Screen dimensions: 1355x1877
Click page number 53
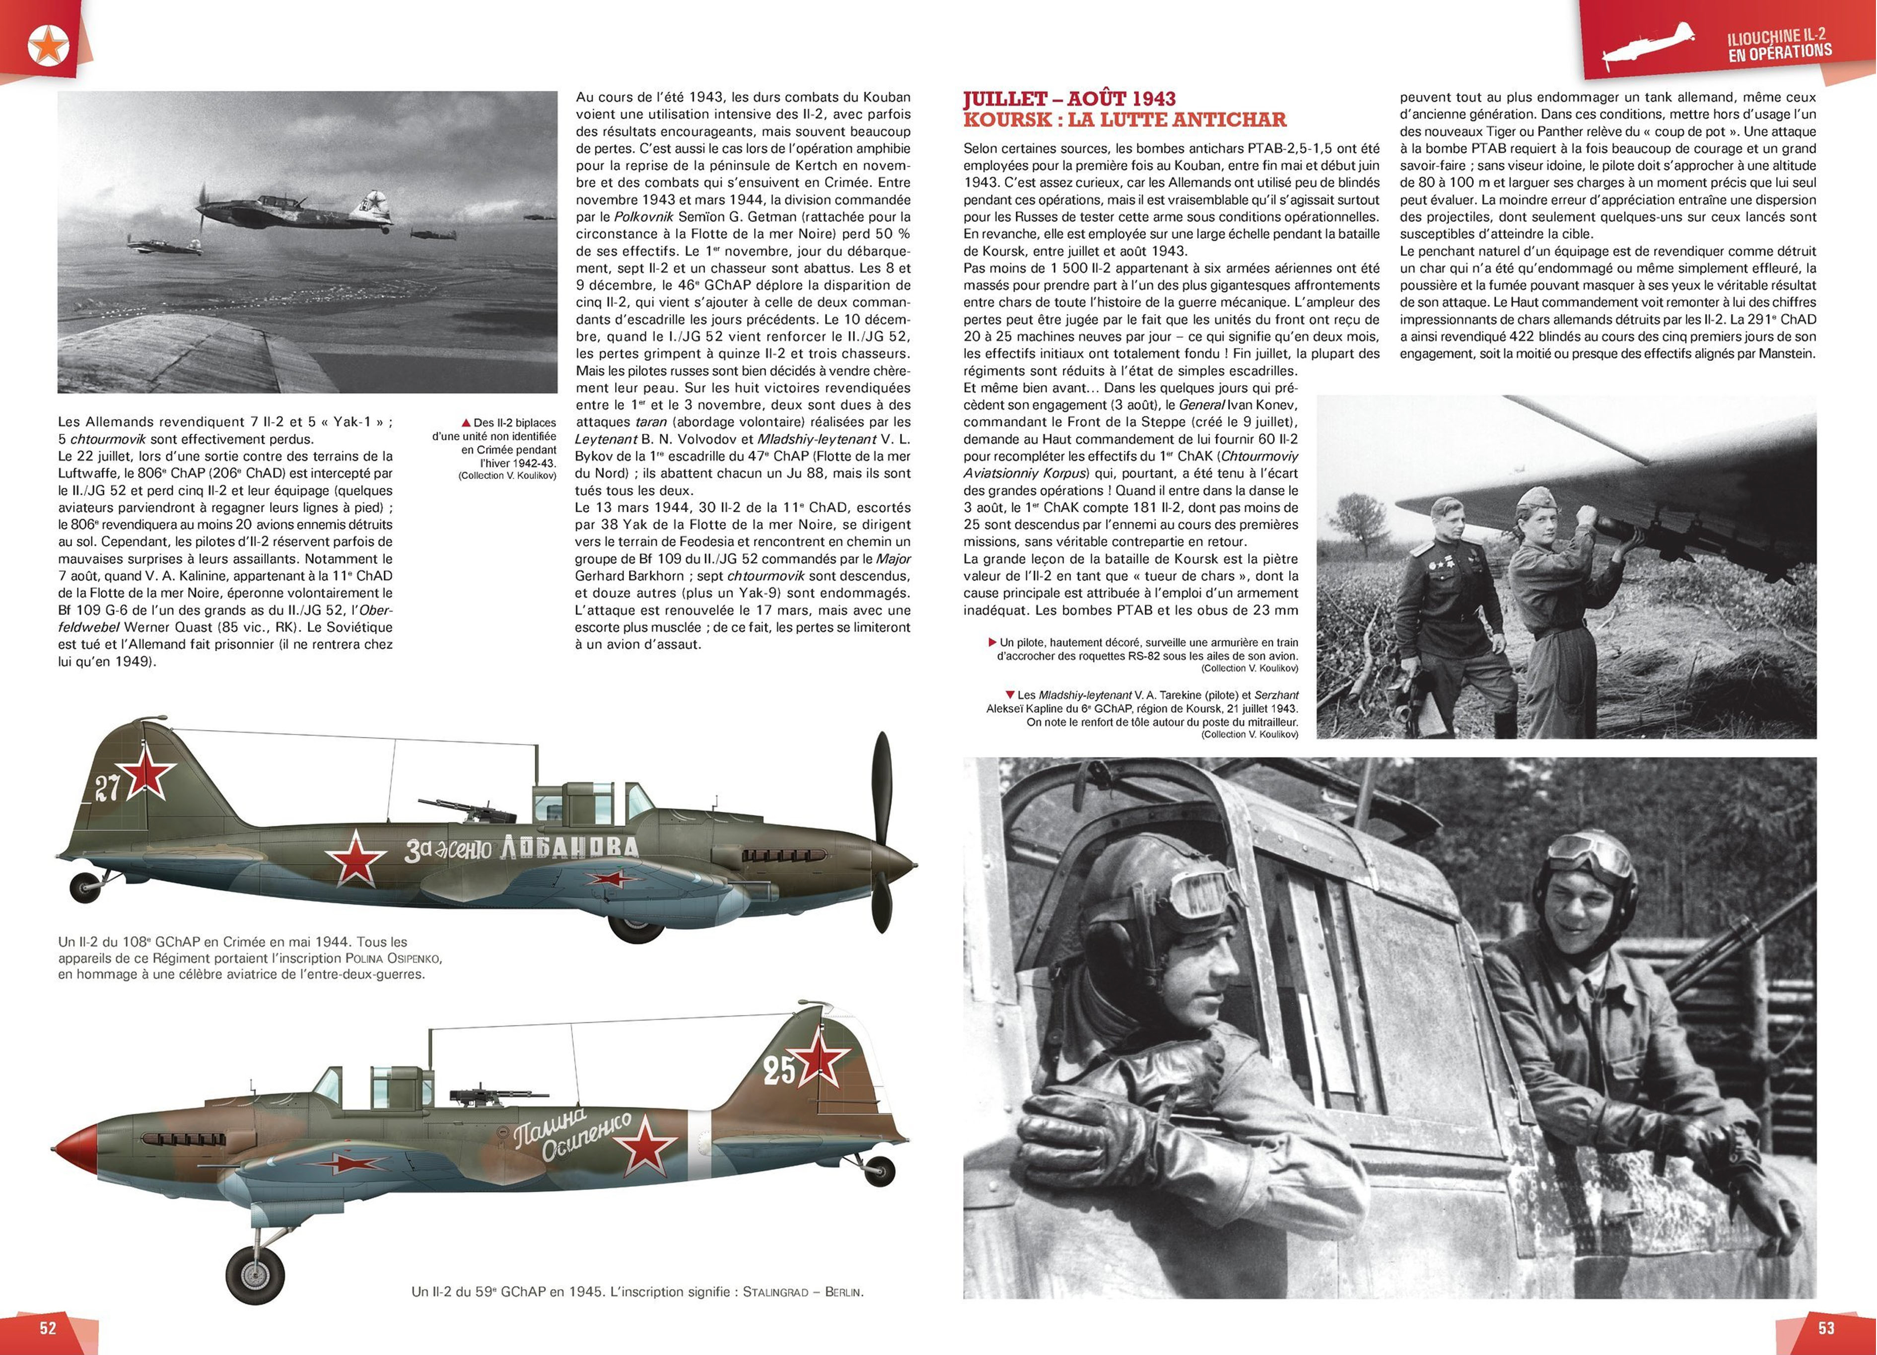pyautogui.click(x=1826, y=1328)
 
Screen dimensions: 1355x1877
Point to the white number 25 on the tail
pyautogui.click(x=779, y=1071)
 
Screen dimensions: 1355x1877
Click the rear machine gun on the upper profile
pyautogui.click(x=454, y=808)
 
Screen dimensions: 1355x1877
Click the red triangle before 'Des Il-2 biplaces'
pyautogui.click(x=466, y=423)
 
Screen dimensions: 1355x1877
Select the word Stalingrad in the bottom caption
pyautogui.click(x=775, y=1292)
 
